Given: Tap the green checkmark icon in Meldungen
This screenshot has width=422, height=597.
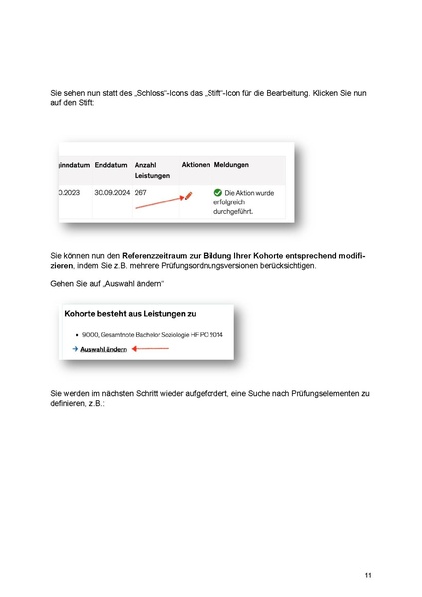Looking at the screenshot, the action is click(216, 192).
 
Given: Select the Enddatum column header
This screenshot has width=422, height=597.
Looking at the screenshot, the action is click(111, 164).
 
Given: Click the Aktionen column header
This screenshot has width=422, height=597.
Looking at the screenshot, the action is click(196, 164).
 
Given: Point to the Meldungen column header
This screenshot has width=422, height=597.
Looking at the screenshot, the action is click(231, 164).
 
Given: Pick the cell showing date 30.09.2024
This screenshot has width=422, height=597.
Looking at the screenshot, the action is click(112, 191).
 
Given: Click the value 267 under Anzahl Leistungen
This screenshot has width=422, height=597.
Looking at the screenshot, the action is click(141, 191).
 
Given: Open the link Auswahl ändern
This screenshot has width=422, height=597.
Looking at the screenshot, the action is click(102, 350).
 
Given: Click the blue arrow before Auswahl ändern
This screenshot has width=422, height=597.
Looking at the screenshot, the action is click(73, 350).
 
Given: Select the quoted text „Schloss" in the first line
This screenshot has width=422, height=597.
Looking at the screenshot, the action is click(126, 92).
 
